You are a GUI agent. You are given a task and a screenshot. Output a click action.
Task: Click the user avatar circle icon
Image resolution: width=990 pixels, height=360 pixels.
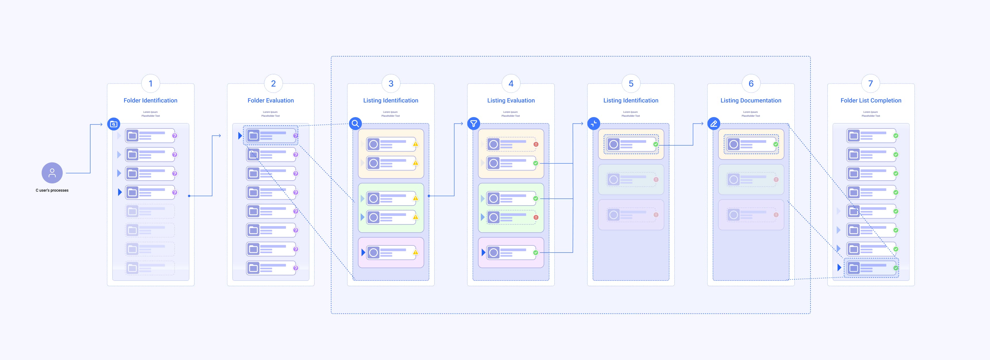click(x=52, y=173)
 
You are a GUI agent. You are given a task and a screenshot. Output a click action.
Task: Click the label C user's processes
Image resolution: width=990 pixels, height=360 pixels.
click(x=52, y=190)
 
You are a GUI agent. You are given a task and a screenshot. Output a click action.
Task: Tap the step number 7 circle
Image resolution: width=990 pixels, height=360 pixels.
click(x=870, y=83)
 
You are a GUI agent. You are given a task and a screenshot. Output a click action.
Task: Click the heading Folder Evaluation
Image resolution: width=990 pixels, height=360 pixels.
click(x=271, y=100)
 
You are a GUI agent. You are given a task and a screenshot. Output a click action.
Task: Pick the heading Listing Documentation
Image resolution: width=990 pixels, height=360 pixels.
click(x=750, y=100)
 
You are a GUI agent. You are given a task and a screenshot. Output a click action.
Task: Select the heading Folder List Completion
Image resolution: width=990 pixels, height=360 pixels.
click(x=871, y=100)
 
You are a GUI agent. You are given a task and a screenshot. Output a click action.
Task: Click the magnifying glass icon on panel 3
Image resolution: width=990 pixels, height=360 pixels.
click(x=355, y=124)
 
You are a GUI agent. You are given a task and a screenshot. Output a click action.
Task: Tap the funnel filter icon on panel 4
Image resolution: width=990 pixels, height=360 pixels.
click(x=474, y=124)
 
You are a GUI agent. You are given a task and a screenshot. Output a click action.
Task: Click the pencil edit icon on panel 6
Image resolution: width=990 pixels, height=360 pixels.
click(x=714, y=124)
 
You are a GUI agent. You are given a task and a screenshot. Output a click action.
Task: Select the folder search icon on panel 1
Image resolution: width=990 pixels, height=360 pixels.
click(x=114, y=124)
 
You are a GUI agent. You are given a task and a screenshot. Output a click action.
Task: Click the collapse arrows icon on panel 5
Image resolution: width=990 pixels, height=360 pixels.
click(x=594, y=124)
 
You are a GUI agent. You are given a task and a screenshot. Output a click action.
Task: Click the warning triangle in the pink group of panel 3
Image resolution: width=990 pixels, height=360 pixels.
click(x=416, y=252)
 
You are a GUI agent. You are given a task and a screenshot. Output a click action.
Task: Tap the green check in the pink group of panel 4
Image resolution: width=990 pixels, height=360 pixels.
click(x=536, y=252)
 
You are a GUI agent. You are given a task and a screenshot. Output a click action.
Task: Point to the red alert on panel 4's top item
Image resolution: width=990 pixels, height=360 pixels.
click(x=536, y=144)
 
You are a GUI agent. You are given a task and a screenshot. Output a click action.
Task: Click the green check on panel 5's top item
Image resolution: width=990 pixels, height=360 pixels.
click(x=656, y=144)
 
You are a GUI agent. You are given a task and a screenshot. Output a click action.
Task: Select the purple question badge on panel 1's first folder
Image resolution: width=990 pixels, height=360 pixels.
click(x=175, y=136)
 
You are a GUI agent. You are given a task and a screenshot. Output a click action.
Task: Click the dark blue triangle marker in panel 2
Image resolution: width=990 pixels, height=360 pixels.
click(x=240, y=136)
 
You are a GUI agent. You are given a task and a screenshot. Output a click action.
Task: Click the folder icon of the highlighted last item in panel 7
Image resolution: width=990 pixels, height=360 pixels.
click(x=854, y=268)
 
